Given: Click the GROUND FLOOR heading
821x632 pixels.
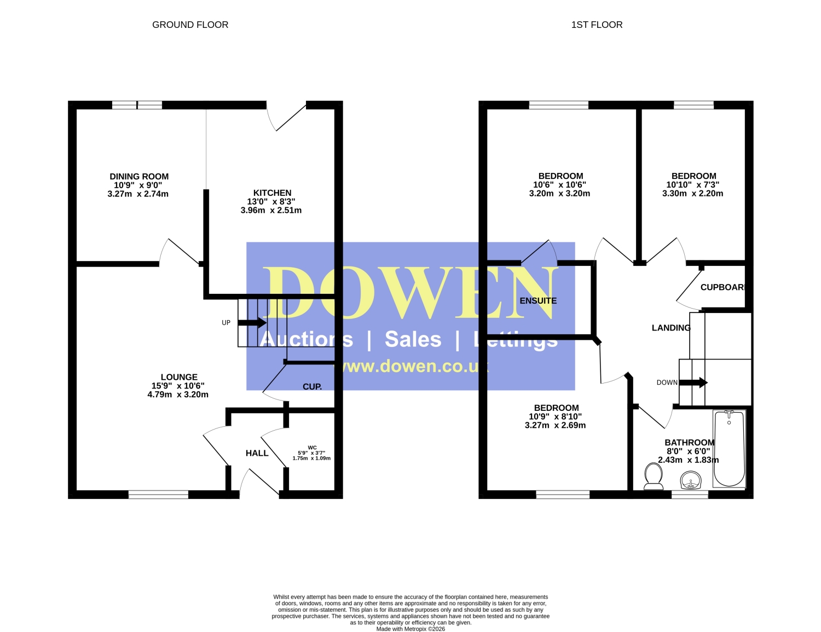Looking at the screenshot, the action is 190,25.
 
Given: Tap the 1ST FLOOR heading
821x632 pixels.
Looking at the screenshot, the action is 597,25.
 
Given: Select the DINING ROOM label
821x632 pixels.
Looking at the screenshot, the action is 139,176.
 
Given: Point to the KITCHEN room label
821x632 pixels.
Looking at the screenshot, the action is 272,193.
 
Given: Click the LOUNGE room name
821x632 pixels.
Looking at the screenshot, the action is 179,377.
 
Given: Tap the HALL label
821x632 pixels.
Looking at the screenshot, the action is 257,453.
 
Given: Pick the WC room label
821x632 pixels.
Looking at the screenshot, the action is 312,448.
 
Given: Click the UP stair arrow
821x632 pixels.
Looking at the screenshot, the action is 252,323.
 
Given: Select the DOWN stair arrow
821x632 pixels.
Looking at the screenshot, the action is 693,382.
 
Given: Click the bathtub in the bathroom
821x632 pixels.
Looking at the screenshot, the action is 729,449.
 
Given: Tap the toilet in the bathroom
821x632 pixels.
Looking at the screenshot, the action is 654,476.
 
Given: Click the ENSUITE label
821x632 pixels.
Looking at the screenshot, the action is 538,301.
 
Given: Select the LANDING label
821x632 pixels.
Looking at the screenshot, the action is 671,328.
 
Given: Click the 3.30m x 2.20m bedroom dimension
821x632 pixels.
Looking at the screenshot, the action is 692,193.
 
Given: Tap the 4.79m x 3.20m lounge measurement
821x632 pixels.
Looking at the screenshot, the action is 177,395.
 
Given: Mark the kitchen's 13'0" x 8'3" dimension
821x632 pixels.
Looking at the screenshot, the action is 271,201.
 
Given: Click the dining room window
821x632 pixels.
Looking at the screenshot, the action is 137,105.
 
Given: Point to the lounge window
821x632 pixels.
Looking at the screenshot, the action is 158,494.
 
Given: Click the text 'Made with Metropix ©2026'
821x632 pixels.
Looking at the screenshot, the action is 410,629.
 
